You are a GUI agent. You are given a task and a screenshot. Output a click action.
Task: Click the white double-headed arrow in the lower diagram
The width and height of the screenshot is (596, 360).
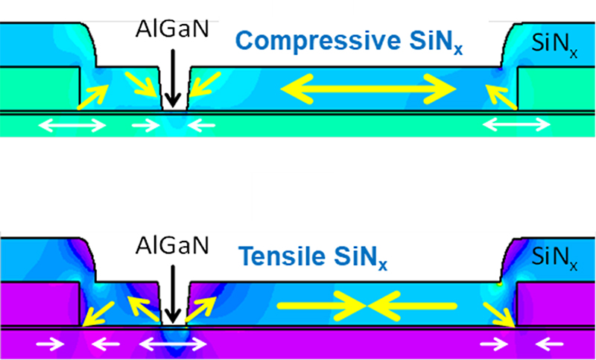(x=174, y=344)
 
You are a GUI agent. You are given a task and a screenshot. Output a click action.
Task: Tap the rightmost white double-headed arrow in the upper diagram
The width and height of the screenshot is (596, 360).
(x=513, y=126)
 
